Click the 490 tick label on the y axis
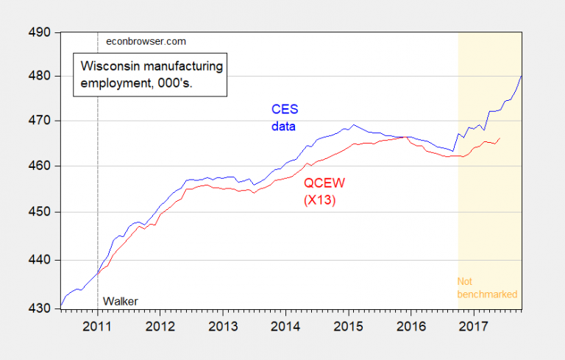39,32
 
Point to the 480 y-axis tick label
39,76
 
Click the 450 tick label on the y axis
39,213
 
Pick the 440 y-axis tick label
39,260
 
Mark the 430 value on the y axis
39,308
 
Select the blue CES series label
282,110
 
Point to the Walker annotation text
121,300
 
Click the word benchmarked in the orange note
487,294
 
